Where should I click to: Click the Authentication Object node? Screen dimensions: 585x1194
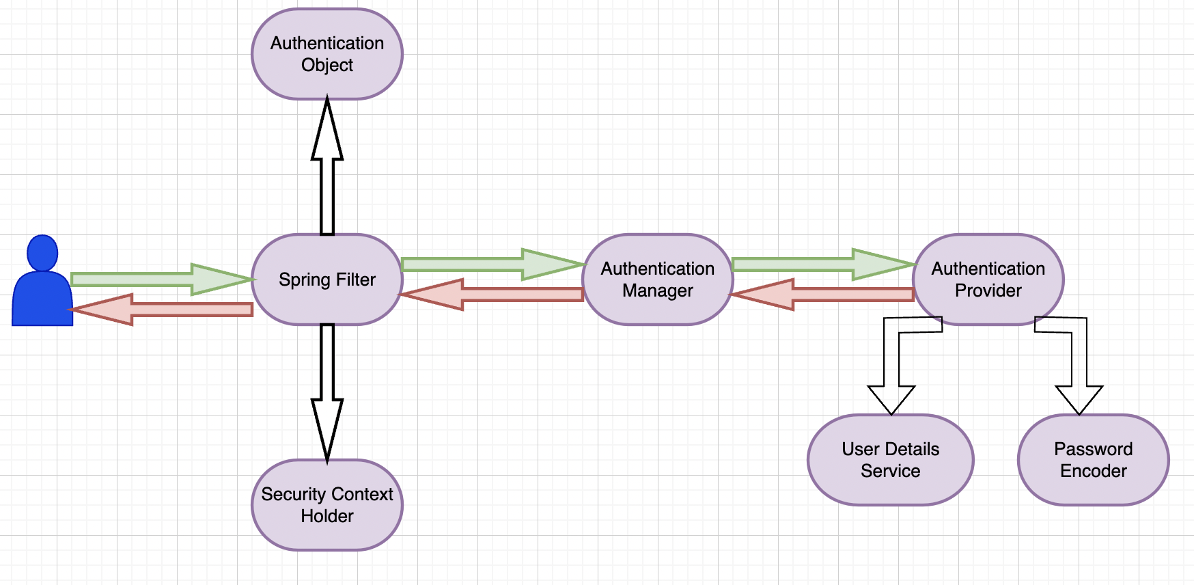click(x=327, y=54)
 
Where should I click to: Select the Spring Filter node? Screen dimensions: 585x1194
click(x=327, y=280)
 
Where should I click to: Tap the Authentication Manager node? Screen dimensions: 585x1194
click(x=657, y=280)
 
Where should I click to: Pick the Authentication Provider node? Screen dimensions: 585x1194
click(x=988, y=280)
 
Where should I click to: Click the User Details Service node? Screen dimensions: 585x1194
click(x=890, y=460)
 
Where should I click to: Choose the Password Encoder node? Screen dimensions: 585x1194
click(x=1093, y=460)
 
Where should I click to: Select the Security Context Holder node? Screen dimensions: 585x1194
click(x=327, y=505)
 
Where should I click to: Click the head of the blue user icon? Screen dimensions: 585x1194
click(x=42, y=252)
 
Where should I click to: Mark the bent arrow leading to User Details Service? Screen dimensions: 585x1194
click(x=891, y=362)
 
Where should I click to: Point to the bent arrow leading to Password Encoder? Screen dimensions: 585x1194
click(x=1079, y=362)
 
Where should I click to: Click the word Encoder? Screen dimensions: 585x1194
click(x=1093, y=471)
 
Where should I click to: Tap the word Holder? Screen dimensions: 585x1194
click(x=327, y=516)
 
